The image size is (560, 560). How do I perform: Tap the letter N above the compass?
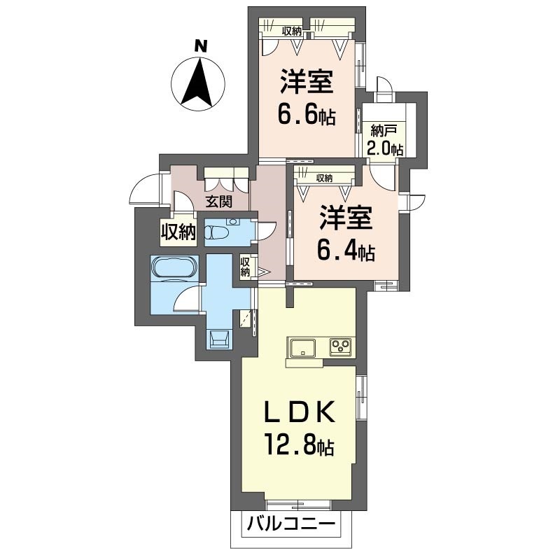tap(201, 46)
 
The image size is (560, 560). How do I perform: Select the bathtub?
tap(174, 268)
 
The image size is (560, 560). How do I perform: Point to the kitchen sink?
tap(303, 347)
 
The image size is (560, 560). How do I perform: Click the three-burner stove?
tap(340, 346)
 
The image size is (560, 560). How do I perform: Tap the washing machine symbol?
tap(219, 339)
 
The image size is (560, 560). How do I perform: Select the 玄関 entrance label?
tap(218, 202)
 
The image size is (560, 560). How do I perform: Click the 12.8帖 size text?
tap(299, 444)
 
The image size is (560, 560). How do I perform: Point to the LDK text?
tap(299, 412)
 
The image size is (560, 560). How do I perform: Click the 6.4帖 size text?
tap(346, 251)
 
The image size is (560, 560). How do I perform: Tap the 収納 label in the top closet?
tap(292, 31)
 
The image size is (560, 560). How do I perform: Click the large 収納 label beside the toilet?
tap(178, 232)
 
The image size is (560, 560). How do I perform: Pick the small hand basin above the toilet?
tap(234, 221)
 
